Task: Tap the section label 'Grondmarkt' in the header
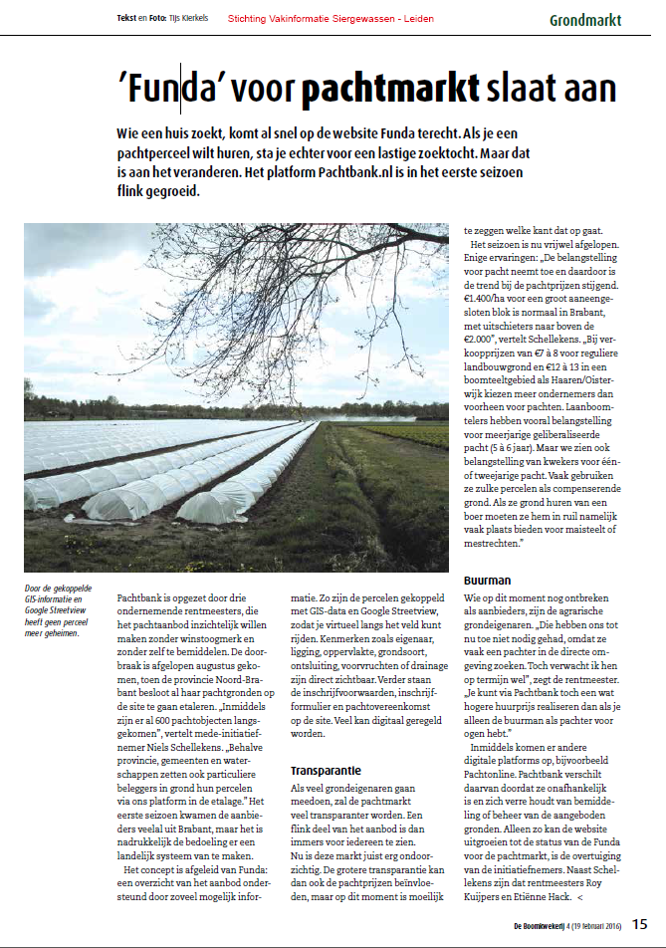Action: point(585,19)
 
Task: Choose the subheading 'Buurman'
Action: point(487,579)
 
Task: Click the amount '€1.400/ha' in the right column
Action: point(493,298)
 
